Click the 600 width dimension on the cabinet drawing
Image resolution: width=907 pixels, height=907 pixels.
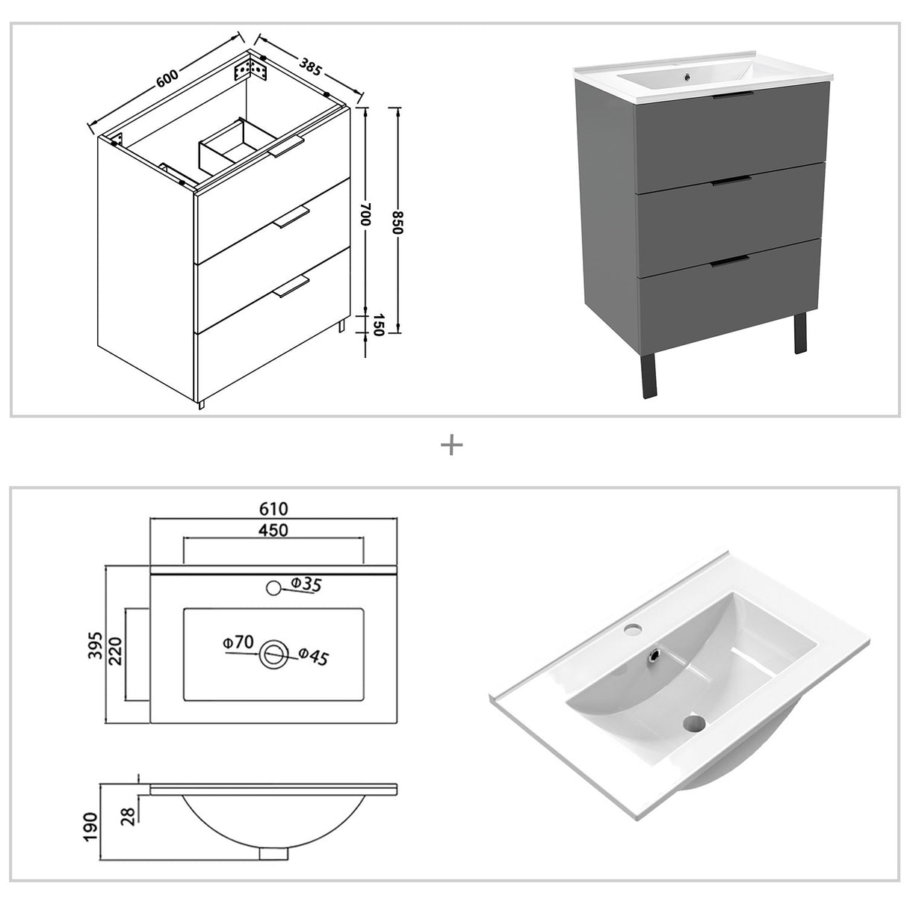167,78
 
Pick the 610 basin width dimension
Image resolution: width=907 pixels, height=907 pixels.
274,509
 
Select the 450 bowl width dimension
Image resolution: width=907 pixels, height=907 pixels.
273,530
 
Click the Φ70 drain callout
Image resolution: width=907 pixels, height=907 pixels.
238,643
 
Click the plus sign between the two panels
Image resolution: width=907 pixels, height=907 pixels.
452,446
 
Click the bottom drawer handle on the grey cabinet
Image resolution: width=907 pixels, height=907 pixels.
730,261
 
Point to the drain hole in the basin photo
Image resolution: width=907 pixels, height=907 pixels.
694,722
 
